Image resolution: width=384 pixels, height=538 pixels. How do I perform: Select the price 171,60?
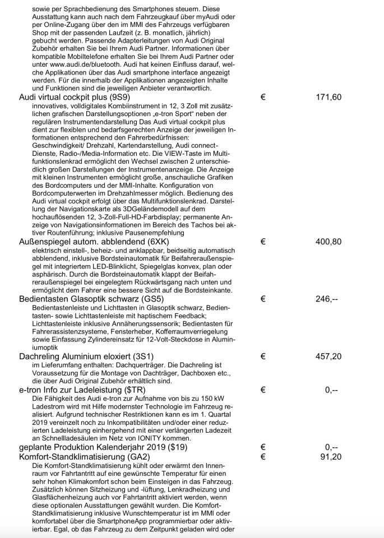tap(329, 98)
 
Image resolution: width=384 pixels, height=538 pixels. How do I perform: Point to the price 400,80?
tap(329, 242)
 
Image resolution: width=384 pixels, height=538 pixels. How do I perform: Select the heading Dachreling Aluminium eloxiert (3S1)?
tap(86, 356)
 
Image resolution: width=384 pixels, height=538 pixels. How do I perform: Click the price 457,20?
tap(329, 356)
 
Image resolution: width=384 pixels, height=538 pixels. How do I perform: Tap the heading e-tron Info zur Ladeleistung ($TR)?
tap(81, 389)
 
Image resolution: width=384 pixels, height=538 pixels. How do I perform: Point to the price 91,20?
tap(331, 457)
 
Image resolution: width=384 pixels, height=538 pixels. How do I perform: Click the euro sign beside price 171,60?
tap(263, 98)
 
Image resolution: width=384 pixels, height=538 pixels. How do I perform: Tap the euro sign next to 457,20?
tap(263, 356)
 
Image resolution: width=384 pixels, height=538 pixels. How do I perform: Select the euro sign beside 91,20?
tap(263, 457)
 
